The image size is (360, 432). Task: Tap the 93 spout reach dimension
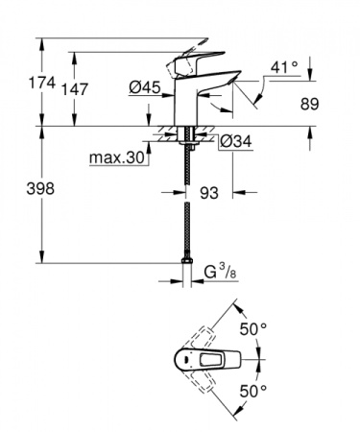pos(208,192)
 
